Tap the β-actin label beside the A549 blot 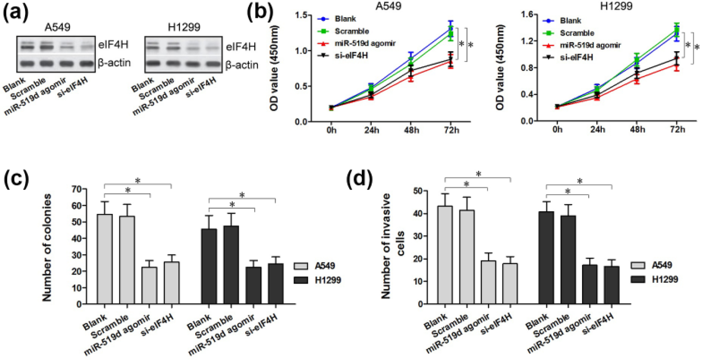[114, 63]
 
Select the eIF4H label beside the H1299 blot [241, 46]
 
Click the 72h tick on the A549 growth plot [451, 130]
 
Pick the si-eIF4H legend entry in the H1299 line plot [567, 57]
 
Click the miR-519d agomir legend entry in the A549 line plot [357, 43]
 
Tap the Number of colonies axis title [47, 247]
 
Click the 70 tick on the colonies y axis [76, 189]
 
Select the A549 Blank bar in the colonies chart [105, 259]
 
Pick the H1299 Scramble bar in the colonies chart [231, 265]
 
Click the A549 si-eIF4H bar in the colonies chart [172, 283]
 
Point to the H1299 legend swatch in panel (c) [301, 280]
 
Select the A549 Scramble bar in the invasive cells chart [467, 257]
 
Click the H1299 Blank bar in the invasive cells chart [546, 258]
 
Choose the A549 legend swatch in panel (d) [638, 265]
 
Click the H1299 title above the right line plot [616, 6]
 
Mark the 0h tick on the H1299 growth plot [557, 129]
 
